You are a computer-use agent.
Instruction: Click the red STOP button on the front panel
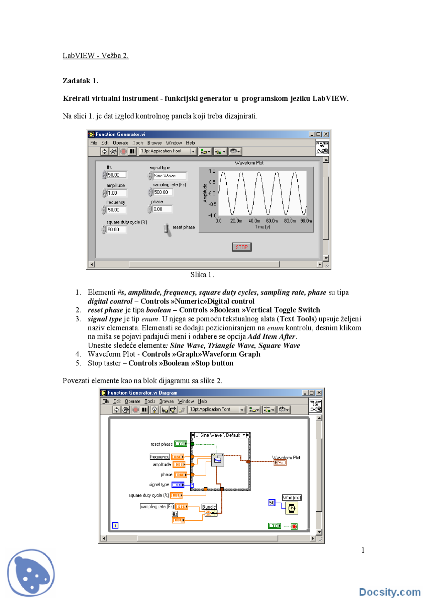[x=241, y=247]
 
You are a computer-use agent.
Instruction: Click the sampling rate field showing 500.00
[x=162, y=192]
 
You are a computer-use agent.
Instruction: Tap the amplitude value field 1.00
[x=116, y=193]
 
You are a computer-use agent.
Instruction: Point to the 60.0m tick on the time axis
[x=272, y=221]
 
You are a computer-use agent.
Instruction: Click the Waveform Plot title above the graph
[x=249, y=163]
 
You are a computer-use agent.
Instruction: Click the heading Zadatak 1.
[x=80, y=81]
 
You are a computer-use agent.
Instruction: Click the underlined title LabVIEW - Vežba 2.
[x=95, y=56]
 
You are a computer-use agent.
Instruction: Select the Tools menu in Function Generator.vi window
[x=138, y=143]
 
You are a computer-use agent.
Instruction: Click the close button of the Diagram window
[x=319, y=393]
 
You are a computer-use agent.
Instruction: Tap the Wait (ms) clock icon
[x=292, y=508]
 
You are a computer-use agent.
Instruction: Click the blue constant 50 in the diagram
[x=272, y=503]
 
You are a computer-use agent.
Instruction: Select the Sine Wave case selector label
[x=220, y=435]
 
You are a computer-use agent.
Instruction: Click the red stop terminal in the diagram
[x=294, y=526]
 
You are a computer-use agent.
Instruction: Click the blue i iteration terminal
[x=115, y=525]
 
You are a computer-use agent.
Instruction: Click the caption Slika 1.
[x=202, y=275]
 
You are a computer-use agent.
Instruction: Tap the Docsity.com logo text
[x=390, y=592]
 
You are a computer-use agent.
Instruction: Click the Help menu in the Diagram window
[x=202, y=401]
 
